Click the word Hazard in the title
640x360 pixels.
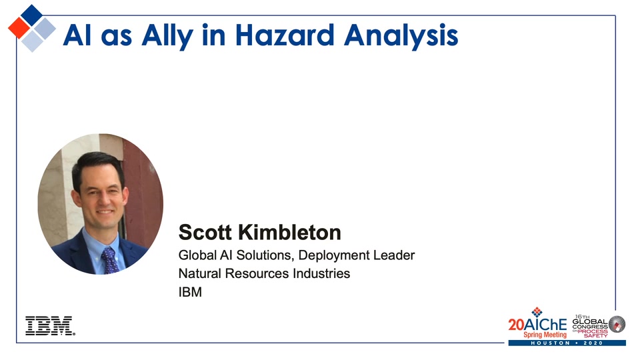(x=285, y=35)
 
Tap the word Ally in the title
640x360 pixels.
(x=167, y=37)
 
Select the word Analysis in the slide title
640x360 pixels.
(x=401, y=37)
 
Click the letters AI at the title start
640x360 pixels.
(x=77, y=35)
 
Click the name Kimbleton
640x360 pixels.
(x=289, y=232)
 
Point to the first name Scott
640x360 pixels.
(x=205, y=232)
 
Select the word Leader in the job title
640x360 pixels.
(x=394, y=255)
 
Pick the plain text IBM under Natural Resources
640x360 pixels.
(x=190, y=292)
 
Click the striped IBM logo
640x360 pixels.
(x=50, y=326)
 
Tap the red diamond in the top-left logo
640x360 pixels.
(x=19, y=28)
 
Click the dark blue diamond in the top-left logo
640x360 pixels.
(x=32, y=15)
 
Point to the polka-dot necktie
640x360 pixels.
(x=110, y=259)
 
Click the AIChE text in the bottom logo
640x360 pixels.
(x=545, y=325)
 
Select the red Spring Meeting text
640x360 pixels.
(x=545, y=335)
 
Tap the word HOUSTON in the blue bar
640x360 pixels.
(x=550, y=343)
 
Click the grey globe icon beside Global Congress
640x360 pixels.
(x=617, y=325)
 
